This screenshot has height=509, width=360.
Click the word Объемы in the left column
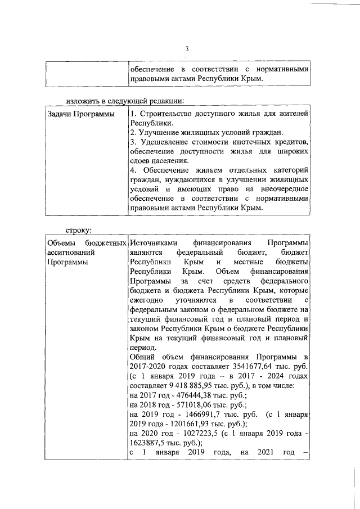[61, 242]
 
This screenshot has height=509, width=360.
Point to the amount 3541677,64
[255, 367]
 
